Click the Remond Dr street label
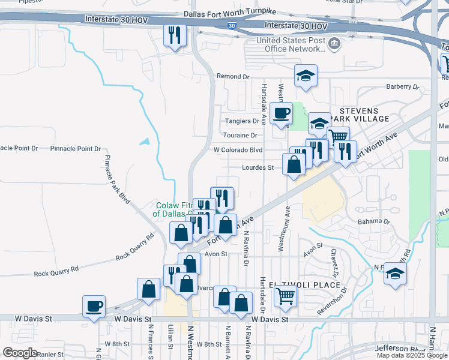[232, 77]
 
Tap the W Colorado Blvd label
[238, 150]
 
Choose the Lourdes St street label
[258, 168]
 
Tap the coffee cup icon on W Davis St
[94, 307]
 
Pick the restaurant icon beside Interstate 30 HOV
[175, 35]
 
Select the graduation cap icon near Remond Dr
[306, 76]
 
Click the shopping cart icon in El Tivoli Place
[286, 295]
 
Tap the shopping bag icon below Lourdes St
[294, 164]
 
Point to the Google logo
[20, 353]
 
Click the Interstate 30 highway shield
[232, 26]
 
